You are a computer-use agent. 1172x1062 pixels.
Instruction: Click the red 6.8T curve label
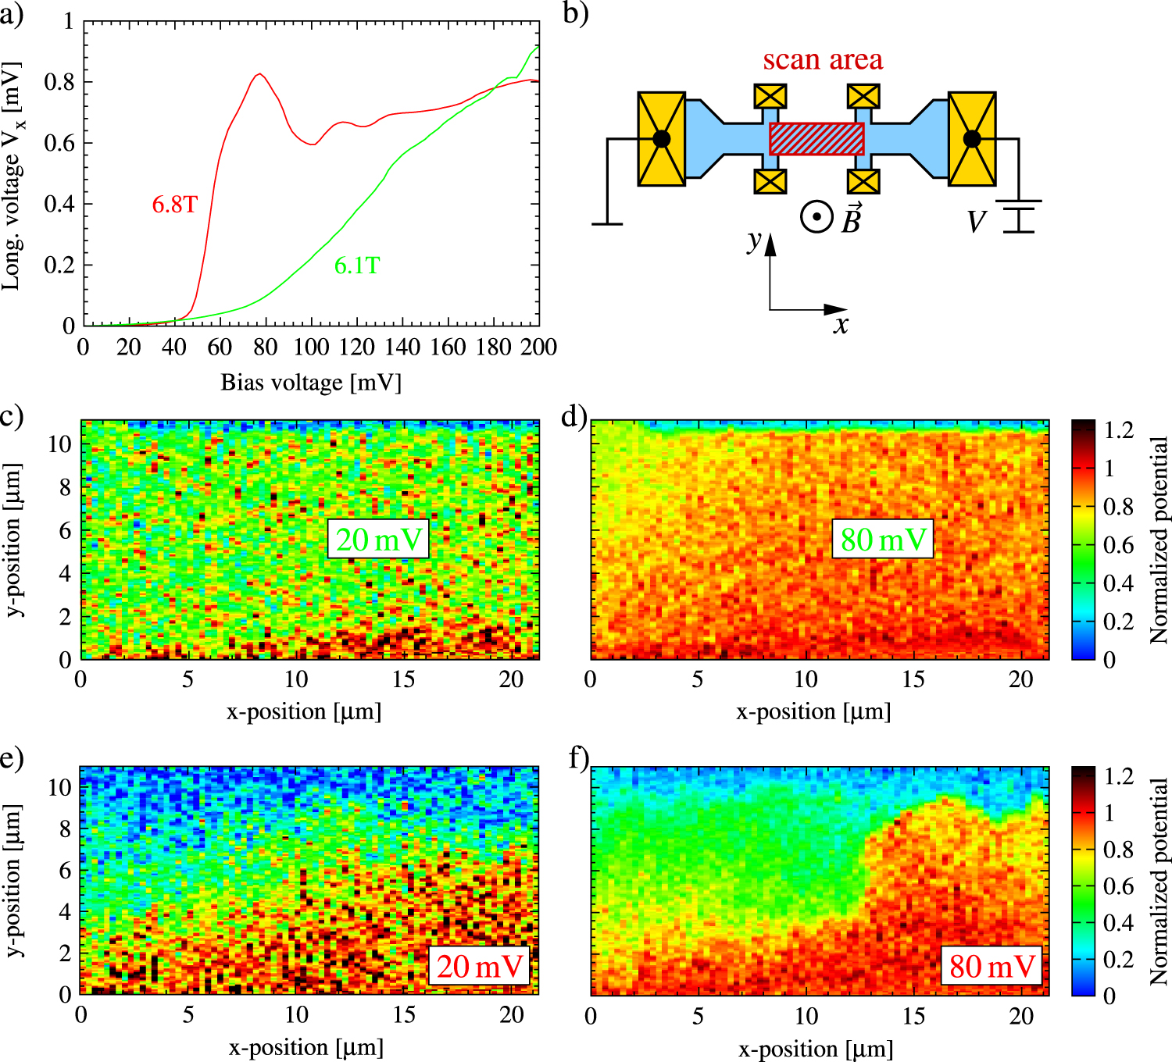pos(175,205)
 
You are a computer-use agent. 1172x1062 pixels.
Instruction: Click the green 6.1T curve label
pos(357,265)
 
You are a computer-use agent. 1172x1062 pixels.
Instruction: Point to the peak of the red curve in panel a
pos(259,73)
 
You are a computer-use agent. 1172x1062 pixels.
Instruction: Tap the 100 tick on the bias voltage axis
pos(311,347)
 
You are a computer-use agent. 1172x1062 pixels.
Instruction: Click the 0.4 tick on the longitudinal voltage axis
pos(59,204)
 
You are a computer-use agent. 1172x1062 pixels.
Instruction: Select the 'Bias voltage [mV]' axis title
pos(311,383)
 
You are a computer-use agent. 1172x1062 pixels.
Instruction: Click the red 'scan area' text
pos(823,59)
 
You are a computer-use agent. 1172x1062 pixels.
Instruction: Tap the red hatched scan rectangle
pos(816,139)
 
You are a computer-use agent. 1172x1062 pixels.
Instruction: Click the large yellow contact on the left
pos(661,139)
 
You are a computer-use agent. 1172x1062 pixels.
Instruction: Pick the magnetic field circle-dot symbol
pos(816,217)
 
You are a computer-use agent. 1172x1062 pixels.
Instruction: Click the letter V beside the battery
pos(977,222)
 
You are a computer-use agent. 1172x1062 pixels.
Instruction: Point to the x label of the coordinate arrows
pos(841,325)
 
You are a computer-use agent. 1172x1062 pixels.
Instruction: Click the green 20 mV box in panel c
pos(379,539)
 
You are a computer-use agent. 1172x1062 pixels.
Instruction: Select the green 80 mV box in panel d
pos(883,539)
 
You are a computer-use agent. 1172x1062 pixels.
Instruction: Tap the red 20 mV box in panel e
pos(479,966)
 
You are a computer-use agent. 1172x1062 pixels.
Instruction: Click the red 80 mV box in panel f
pos(992,966)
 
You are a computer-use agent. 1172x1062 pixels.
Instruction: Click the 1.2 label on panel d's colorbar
pos(1118,430)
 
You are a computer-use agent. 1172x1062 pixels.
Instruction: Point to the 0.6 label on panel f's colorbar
pos(1118,886)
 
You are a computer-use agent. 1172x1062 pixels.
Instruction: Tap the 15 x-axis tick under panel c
pos(404,679)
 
